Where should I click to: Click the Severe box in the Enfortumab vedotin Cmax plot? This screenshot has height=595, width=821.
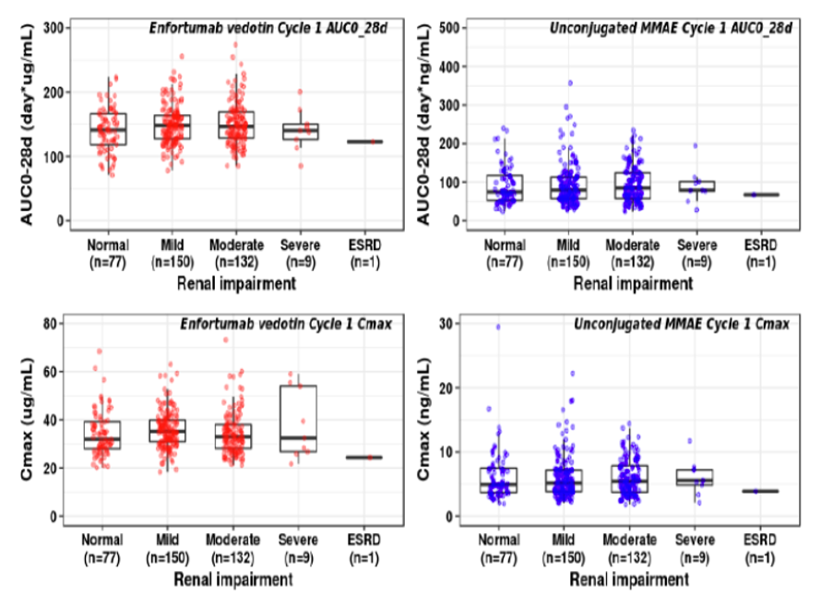click(297, 418)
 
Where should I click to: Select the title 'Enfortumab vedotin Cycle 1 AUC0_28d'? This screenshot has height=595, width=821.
click(268, 29)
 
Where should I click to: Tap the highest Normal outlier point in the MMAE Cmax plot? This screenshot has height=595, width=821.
click(499, 327)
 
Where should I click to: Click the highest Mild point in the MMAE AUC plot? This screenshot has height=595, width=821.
click(569, 83)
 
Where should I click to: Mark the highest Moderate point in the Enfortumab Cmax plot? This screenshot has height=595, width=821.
click(226, 339)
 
